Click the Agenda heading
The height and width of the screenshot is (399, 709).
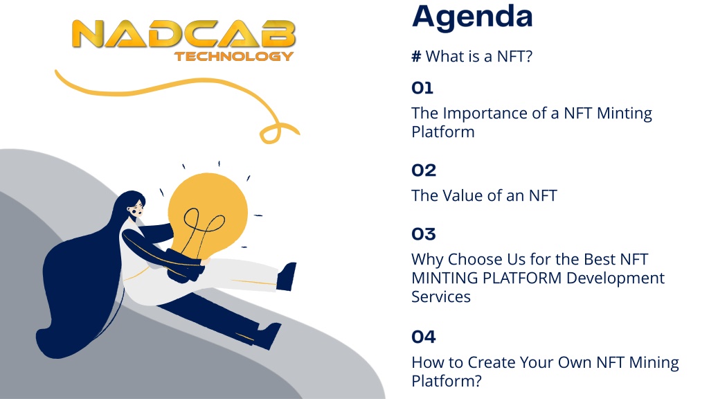[472, 18]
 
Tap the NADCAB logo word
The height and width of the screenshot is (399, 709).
[183, 34]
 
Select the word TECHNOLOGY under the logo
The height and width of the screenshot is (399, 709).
[234, 56]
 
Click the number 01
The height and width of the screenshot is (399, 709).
[422, 88]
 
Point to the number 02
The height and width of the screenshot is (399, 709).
[424, 170]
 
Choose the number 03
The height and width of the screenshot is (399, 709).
[424, 234]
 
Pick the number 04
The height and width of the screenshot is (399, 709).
[424, 337]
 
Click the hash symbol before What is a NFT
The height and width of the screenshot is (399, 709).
[416, 57]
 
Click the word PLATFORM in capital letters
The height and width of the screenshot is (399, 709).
[522, 278]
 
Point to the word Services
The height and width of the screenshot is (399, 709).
[441, 296]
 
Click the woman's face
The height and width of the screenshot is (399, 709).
[136, 209]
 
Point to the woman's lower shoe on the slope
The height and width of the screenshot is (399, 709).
[267, 336]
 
